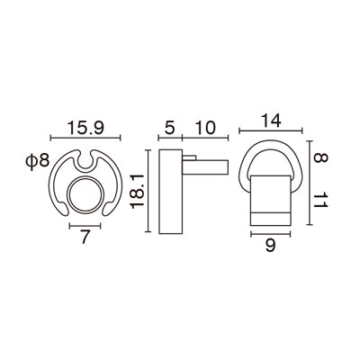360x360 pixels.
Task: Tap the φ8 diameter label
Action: tap(39, 162)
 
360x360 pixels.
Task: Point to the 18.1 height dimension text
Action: tap(137, 192)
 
